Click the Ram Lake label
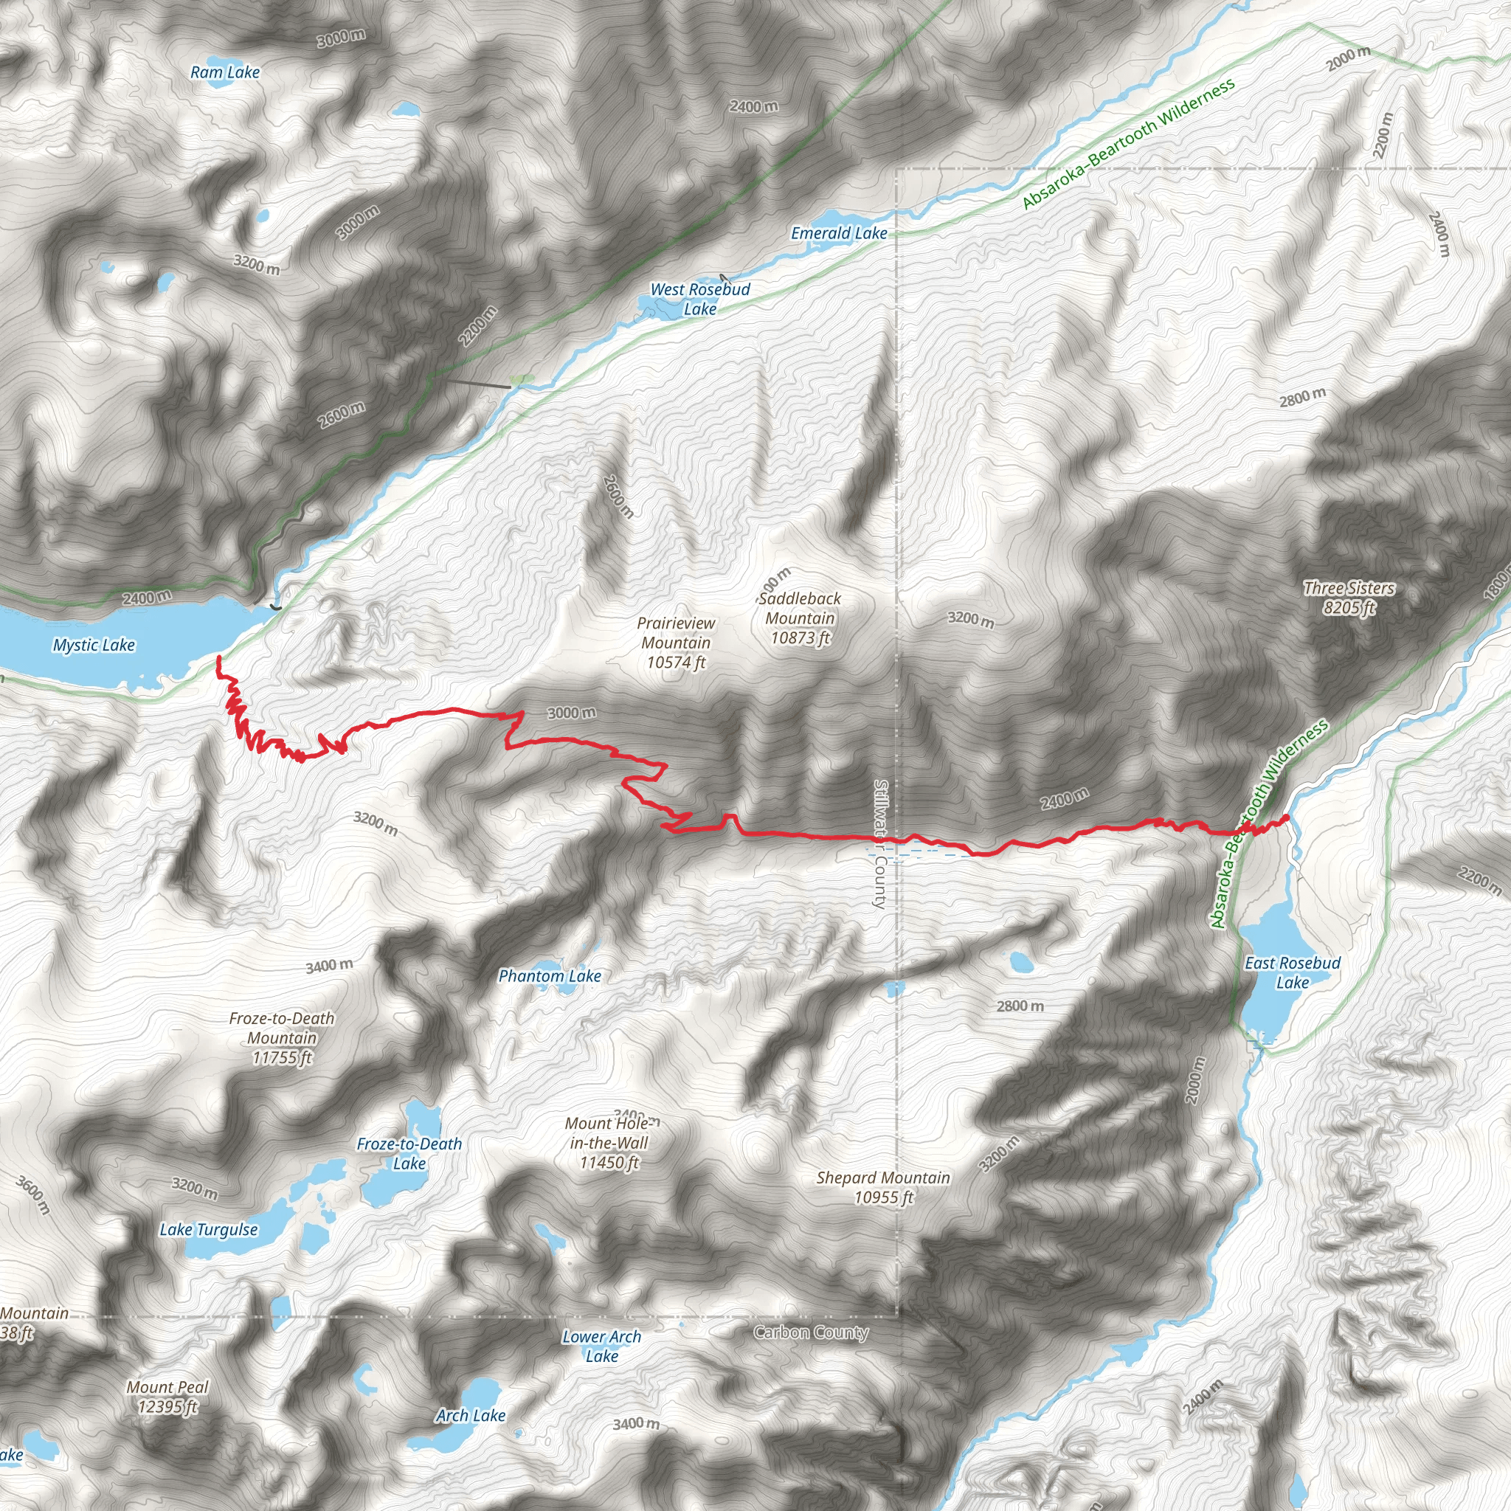click(224, 73)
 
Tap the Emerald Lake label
click(838, 233)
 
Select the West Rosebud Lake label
click(700, 299)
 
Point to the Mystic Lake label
click(94, 646)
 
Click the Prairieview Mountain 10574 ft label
click(676, 643)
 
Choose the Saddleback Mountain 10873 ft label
click(799, 618)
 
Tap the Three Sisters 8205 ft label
click(1349, 598)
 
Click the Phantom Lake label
click(550, 976)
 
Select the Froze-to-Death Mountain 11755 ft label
click(282, 1038)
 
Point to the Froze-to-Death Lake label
click(409, 1154)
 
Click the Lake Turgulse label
click(208, 1229)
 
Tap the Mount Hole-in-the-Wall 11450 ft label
click(609, 1143)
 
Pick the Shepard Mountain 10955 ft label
click(883, 1187)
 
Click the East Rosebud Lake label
click(1292, 973)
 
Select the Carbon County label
click(811, 1332)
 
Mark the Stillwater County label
click(880, 844)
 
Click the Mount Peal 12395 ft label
click(168, 1397)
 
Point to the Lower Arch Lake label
click(601, 1346)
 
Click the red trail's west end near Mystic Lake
click(218, 659)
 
